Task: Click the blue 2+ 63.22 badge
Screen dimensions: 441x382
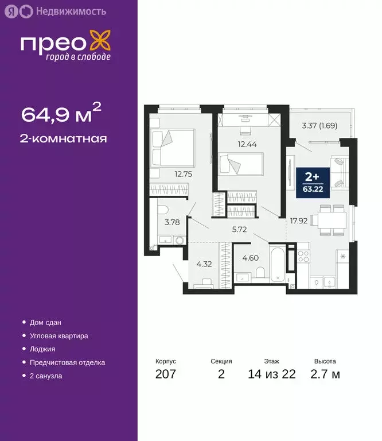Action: tap(313, 181)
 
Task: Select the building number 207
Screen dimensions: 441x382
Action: tap(166, 375)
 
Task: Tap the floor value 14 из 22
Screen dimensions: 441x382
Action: tap(272, 375)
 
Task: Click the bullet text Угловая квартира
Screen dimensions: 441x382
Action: tap(60, 336)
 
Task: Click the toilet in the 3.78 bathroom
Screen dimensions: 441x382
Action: tap(162, 210)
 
